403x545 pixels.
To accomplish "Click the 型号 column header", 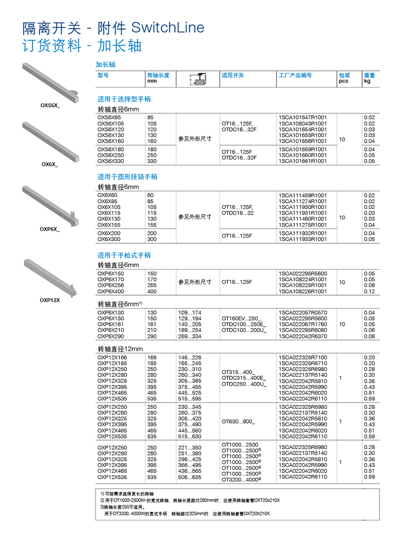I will pos(103,75).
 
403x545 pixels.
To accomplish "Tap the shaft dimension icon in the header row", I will pos(197,79).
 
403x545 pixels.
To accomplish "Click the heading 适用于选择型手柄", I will pos(124,99).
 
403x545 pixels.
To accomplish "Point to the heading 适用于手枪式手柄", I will pos(124,255).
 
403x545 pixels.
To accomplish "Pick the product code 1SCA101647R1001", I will pos(303,118).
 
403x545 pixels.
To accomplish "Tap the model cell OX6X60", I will pos(107,195).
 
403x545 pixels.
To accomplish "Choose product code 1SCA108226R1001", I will pos(303,292).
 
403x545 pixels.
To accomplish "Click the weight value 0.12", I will pos(369,292).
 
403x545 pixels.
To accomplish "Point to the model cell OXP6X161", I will pos(110,325).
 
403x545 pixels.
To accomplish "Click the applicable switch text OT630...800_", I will pos(238,422).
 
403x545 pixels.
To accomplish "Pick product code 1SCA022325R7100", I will pos(303,357).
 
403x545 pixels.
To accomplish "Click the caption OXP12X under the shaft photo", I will pos(49,300).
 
